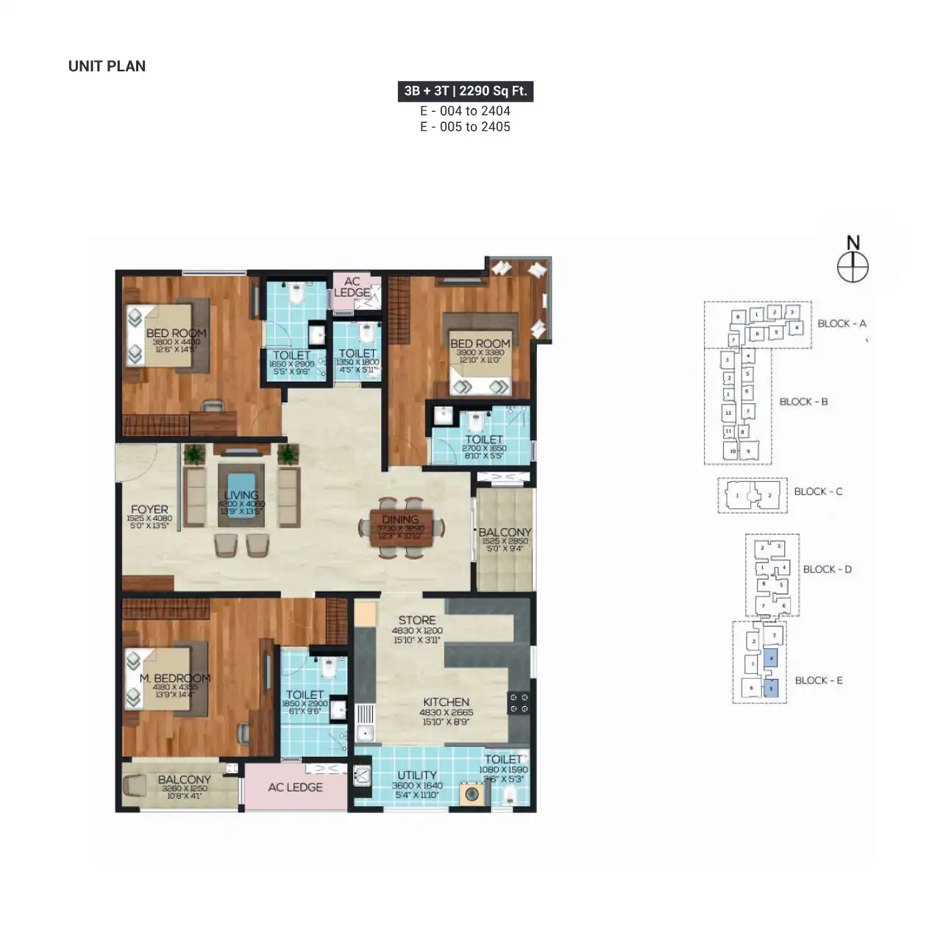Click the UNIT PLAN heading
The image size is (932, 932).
pyautogui.click(x=107, y=66)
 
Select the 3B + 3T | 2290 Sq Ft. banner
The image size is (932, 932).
pyautogui.click(x=465, y=91)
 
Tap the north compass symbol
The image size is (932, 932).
pyautogui.click(x=853, y=266)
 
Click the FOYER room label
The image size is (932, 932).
pyautogui.click(x=149, y=509)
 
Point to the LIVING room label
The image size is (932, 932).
pyautogui.click(x=241, y=495)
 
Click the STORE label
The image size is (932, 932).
pyautogui.click(x=417, y=620)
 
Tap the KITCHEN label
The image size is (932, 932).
pyautogui.click(x=446, y=702)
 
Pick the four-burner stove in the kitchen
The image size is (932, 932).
pyautogui.click(x=519, y=702)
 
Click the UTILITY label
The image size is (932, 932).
pyautogui.click(x=417, y=775)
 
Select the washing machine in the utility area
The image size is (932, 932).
pyautogui.click(x=472, y=794)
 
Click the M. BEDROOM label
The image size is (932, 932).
pyautogui.click(x=175, y=677)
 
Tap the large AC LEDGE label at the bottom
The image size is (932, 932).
pyautogui.click(x=295, y=787)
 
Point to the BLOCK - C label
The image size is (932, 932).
pyautogui.click(x=818, y=491)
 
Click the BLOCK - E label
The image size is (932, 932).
pyautogui.click(x=819, y=680)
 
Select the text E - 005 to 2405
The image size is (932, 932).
pyautogui.click(x=465, y=127)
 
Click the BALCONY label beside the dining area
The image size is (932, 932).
pyautogui.click(x=505, y=531)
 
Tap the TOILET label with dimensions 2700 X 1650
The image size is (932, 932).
pyautogui.click(x=483, y=439)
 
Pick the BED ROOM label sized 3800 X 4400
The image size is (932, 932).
pyautogui.click(x=176, y=332)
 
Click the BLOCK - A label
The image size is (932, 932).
pyautogui.click(x=842, y=324)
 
